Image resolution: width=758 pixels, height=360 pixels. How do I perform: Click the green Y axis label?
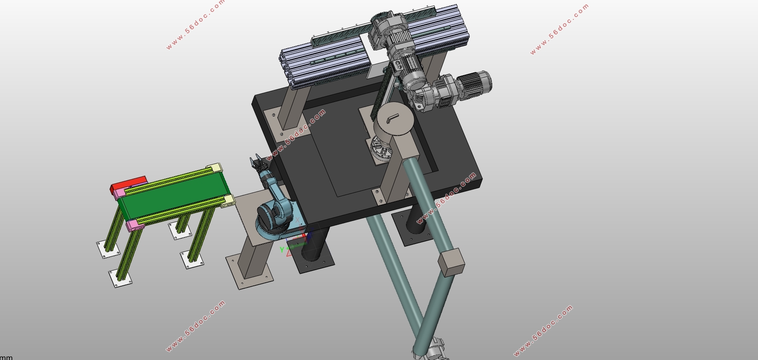282,250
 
